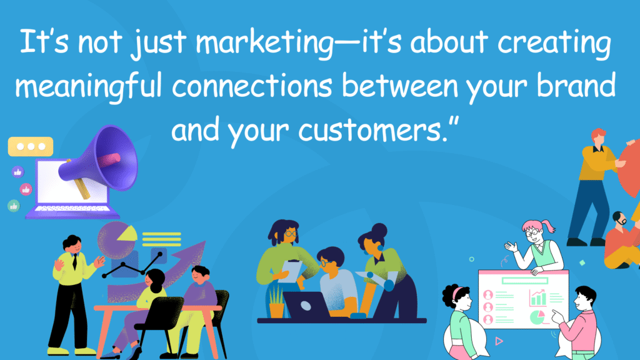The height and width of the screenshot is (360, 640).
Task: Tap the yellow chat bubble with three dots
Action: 30,146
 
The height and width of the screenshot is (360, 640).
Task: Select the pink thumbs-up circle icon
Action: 26,188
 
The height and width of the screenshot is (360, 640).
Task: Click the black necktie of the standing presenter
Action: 74,262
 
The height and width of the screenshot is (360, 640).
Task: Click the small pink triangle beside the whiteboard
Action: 499,341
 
